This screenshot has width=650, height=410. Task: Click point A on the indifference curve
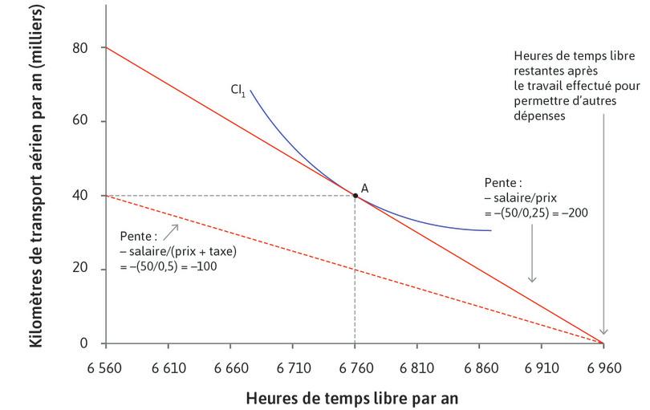coord(355,195)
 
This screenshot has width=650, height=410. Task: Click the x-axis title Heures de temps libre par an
coord(355,396)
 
